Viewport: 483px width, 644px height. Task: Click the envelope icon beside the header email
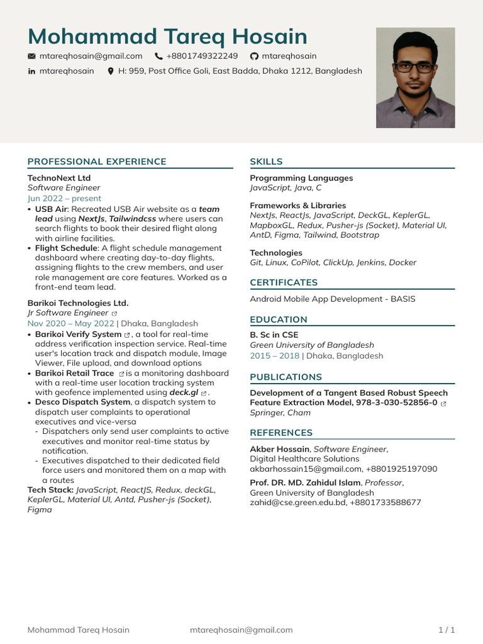point(31,57)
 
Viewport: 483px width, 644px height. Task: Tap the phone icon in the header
point(158,57)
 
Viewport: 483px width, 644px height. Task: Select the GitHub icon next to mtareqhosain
point(254,57)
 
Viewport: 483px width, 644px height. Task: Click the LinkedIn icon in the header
point(31,72)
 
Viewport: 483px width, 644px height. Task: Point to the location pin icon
point(111,72)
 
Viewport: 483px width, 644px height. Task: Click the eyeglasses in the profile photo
point(415,67)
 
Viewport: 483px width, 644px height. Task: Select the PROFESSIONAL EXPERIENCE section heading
point(97,162)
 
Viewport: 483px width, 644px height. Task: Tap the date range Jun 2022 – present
point(64,198)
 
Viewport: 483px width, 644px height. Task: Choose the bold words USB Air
point(51,209)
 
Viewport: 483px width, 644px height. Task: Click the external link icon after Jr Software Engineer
point(114,313)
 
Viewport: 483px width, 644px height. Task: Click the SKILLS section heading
point(266,162)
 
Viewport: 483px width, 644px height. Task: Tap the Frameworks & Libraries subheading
point(297,206)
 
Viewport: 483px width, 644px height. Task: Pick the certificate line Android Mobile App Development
point(332,299)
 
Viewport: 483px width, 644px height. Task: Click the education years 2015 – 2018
point(274,356)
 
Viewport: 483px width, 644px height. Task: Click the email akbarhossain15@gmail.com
point(306,469)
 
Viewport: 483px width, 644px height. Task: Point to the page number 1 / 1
point(446,630)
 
